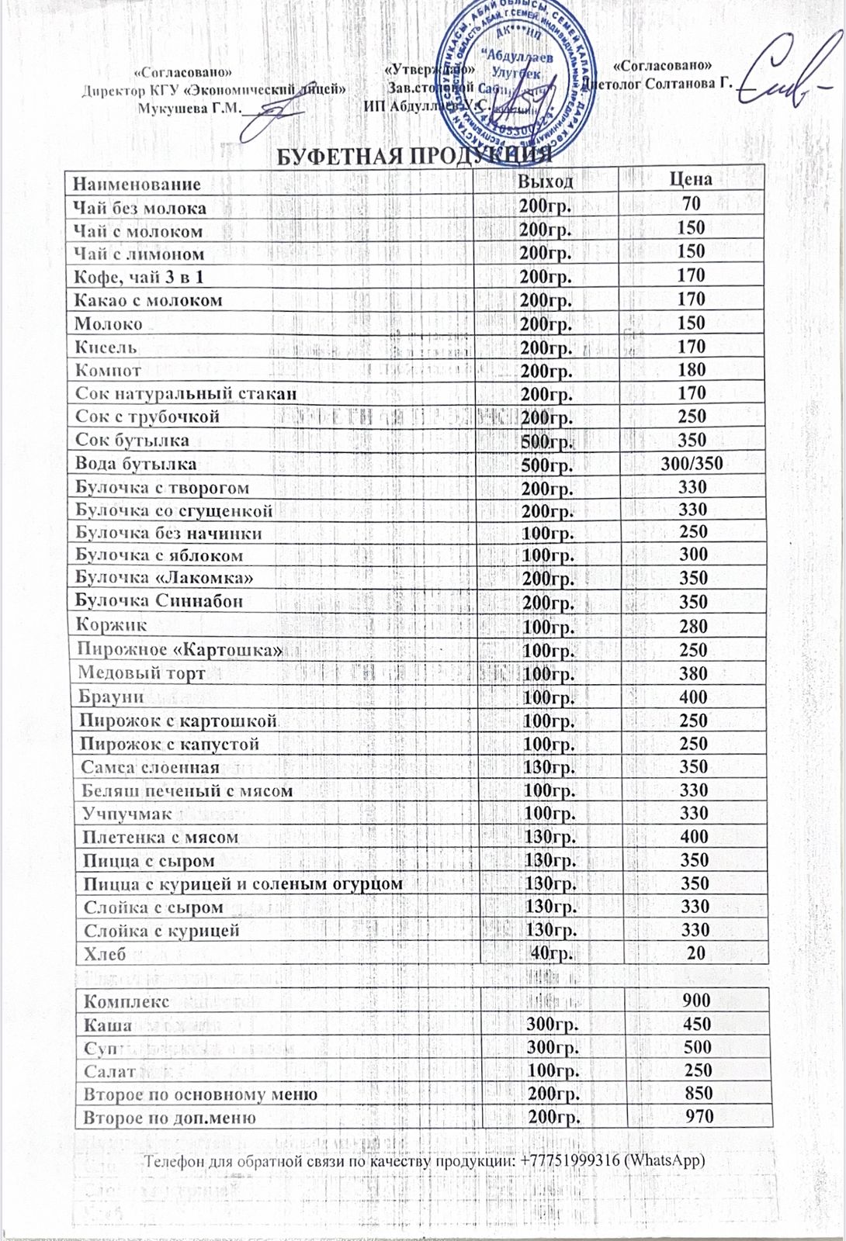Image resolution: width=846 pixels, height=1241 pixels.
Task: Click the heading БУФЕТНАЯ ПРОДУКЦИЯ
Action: click(x=414, y=155)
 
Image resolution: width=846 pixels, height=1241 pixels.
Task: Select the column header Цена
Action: click(x=690, y=179)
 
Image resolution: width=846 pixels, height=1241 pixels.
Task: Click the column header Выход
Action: click(x=546, y=181)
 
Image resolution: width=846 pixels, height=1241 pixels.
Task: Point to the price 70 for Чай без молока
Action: click(x=691, y=204)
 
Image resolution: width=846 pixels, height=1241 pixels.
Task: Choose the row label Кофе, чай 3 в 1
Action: click(x=139, y=277)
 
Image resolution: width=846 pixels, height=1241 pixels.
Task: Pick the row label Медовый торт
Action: click(x=142, y=673)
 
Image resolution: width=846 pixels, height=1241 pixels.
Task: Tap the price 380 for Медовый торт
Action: click(x=693, y=673)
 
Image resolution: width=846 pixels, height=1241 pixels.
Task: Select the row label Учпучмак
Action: click(x=127, y=814)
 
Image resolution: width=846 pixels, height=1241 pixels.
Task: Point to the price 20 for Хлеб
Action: click(x=695, y=953)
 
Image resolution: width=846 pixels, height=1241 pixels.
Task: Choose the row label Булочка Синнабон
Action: click(x=159, y=601)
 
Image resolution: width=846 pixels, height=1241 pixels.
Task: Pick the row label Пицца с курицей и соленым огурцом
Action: click(x=244, y=884)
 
